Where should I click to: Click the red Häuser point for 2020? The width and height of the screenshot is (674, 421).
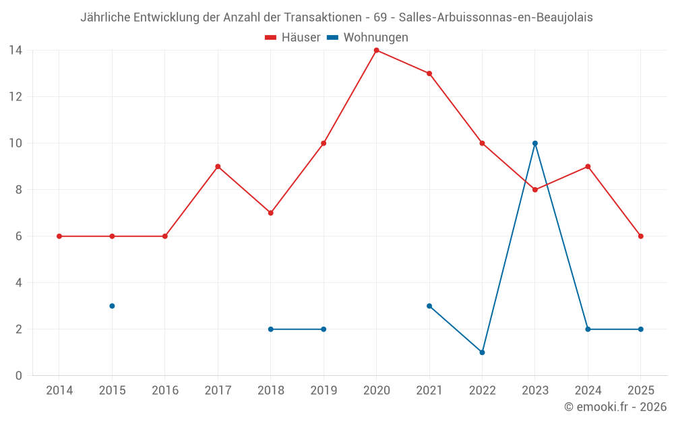coord(376,51)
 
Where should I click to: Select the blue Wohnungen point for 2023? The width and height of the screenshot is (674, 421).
coord(535,143)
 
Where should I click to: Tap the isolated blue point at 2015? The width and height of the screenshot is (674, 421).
coord(112,306)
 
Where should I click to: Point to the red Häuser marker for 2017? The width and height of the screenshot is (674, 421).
coord(218,166)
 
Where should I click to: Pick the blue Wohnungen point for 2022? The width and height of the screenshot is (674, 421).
coord(482,352)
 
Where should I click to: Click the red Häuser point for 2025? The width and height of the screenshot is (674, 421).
coord(641,236)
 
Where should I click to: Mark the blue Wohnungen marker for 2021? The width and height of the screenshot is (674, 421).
coord(429,306)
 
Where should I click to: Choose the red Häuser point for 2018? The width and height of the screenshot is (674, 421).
coord(270,213)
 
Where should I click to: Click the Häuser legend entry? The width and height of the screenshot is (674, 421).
coord(293,38)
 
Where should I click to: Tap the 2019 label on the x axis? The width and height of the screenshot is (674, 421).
coord(324,390)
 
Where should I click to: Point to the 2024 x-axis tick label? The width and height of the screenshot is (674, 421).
coord(588,390)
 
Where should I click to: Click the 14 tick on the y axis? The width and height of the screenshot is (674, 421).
coord(16,51)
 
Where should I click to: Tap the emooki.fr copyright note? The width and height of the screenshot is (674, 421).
coord(615,407)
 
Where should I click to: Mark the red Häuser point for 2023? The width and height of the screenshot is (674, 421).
coord(535,190)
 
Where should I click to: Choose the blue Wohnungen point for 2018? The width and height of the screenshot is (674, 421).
coord(270,329)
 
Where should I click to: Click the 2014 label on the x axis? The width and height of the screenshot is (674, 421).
coord(59,390)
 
